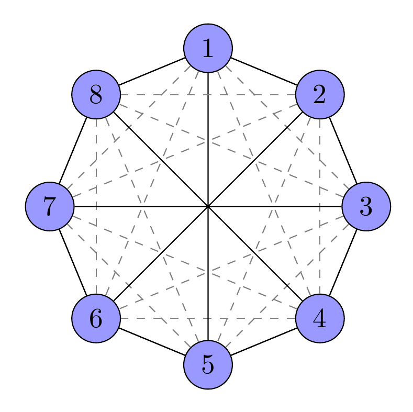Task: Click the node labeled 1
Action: (x=208, y=48)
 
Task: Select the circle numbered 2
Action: (x=320, y=94)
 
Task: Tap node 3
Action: (x=366, y=206)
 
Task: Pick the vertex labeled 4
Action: (x=320, y=318)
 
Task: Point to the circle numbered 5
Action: (x=208, y=364)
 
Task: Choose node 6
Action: (x=96, y=318)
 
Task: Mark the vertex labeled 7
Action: (x=50, y=206)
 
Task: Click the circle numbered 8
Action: (x=96, y=94)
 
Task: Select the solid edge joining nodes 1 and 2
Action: (x=264, y=71)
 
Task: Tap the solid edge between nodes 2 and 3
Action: (x=343, y=150)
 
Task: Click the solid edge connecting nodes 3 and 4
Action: (x=343, y=262)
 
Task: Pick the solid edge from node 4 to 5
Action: (x=264, y=341)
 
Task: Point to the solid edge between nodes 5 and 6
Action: (x=152, y=341)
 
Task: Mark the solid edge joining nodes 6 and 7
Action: (x=73, y=262)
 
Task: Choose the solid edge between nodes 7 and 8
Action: (x=73, y=150)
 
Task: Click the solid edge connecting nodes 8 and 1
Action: (x=152, y=71)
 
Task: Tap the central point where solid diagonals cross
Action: (x=208, y=206)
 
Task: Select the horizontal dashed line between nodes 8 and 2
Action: (x=208, y=94)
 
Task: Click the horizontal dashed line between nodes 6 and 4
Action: (x=208, y=318)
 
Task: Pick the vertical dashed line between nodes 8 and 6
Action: (x=96, y=206)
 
